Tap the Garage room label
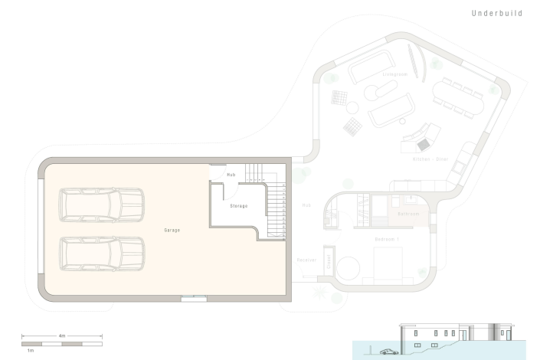coord(172,230)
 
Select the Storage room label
coord(238,206)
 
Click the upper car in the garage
coord(102,205)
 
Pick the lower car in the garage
coord(102,254)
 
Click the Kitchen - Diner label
coord(430,159)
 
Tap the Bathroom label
coord(408,214)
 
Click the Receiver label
coord(306,260)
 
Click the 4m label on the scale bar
coord(61,335)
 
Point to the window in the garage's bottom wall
coord(193,299)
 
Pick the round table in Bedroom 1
coord(349,269)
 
